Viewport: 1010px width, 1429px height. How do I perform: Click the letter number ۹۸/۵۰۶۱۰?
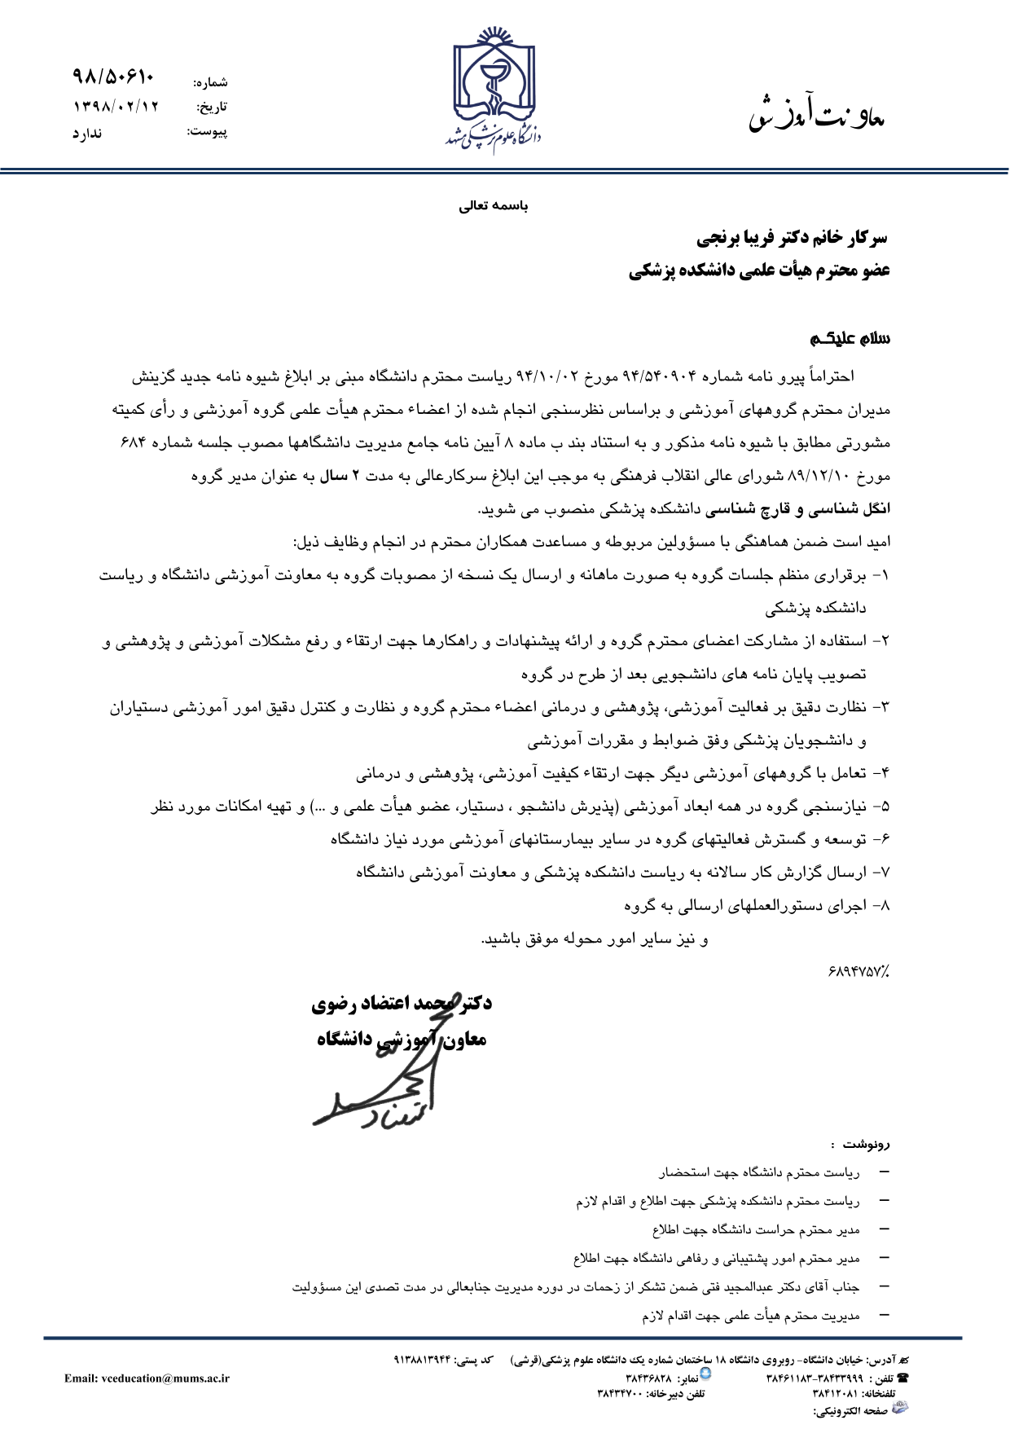click(x=113, y=77)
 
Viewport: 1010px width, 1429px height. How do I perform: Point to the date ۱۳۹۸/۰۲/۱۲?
click(x=116, y=106)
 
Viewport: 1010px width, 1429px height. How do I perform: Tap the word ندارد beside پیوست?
click(x=87, y=133)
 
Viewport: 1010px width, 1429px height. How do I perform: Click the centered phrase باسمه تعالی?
click(x=494, y=206)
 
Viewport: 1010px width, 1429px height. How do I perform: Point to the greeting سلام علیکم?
click(x=850, y=338)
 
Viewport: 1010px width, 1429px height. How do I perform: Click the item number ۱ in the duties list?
click(x=885, y=575)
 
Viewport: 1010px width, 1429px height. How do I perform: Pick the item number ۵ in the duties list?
click(x=885, y=807)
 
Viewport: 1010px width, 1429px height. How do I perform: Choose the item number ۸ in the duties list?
click(x=885, y=905)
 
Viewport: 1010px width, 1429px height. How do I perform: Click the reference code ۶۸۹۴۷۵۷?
click(x=858, y=971)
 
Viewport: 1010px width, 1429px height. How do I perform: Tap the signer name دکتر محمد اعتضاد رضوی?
click(x=402, y=1004)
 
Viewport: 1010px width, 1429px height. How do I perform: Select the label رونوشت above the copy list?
click(x=869, y=1144)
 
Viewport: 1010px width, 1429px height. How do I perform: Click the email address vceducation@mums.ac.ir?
click(x=147, y=1378)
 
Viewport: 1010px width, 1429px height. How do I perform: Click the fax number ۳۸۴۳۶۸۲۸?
click(x=649, y=1378)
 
